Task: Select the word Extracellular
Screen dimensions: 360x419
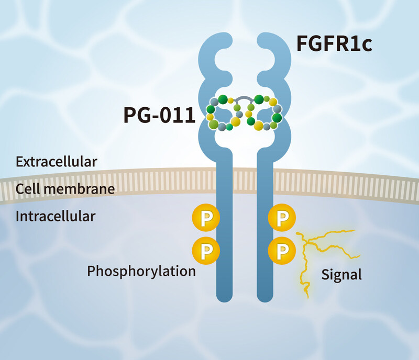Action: point(56,161)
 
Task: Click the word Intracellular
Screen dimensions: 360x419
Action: point(56,216)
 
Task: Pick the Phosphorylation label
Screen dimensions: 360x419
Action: point(141,271)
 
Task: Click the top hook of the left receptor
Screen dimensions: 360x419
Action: point(215,47)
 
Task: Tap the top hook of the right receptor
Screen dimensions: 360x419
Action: point(273,47)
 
